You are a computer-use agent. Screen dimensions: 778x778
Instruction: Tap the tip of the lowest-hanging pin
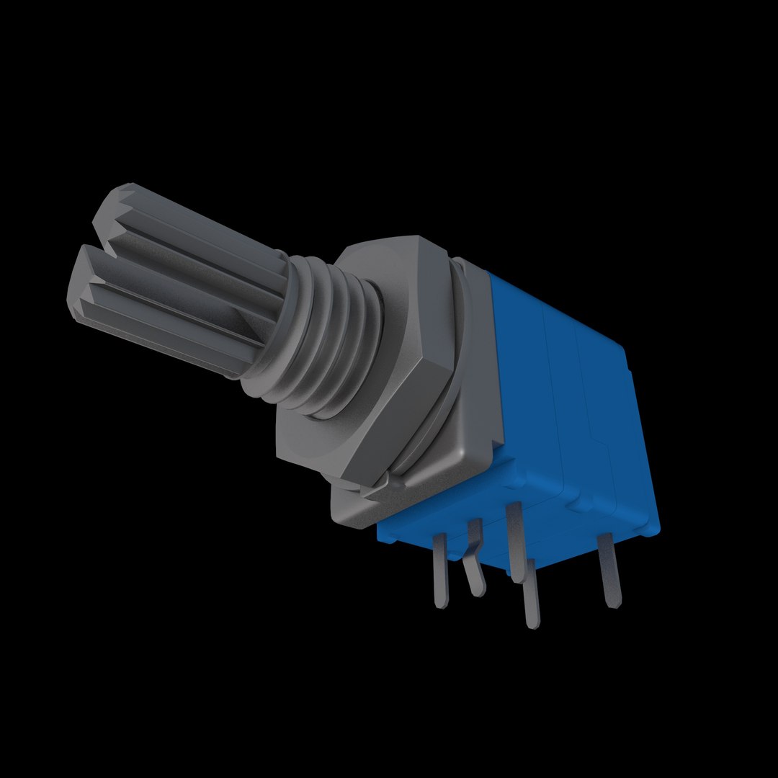(x=533, y=621)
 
